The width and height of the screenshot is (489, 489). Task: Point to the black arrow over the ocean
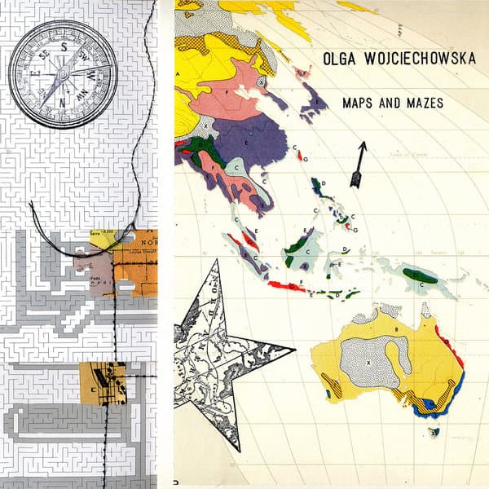click(x=358, y=163)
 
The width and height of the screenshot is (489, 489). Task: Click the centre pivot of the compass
click(x=63, y=73)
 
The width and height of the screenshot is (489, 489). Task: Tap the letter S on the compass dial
click(x=64, y=47)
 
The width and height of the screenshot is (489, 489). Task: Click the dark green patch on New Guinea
click(x=424, y=276)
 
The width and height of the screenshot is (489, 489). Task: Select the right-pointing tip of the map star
click(x=292, y=351)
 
